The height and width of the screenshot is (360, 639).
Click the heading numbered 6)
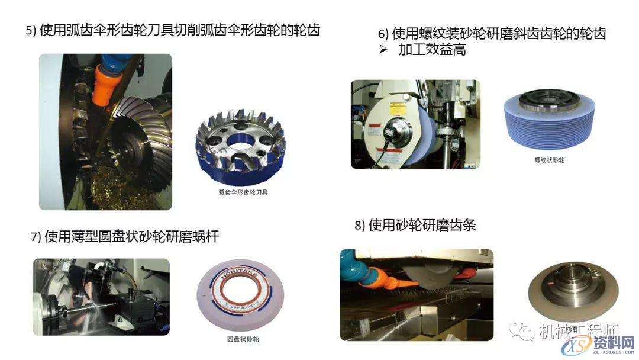click(x=492, y=34)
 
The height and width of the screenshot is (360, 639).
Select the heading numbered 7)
click(x=125, y=237)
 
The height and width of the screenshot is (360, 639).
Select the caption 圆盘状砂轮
click(x=243, y=339)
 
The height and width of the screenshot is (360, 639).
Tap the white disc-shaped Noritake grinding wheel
click(x=242, y=295)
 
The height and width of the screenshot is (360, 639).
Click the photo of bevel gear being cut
click(x=105, y=132)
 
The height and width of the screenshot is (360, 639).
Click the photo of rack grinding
click(x=417, y=294)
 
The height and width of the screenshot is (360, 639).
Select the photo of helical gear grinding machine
click(x=415, y=124)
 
